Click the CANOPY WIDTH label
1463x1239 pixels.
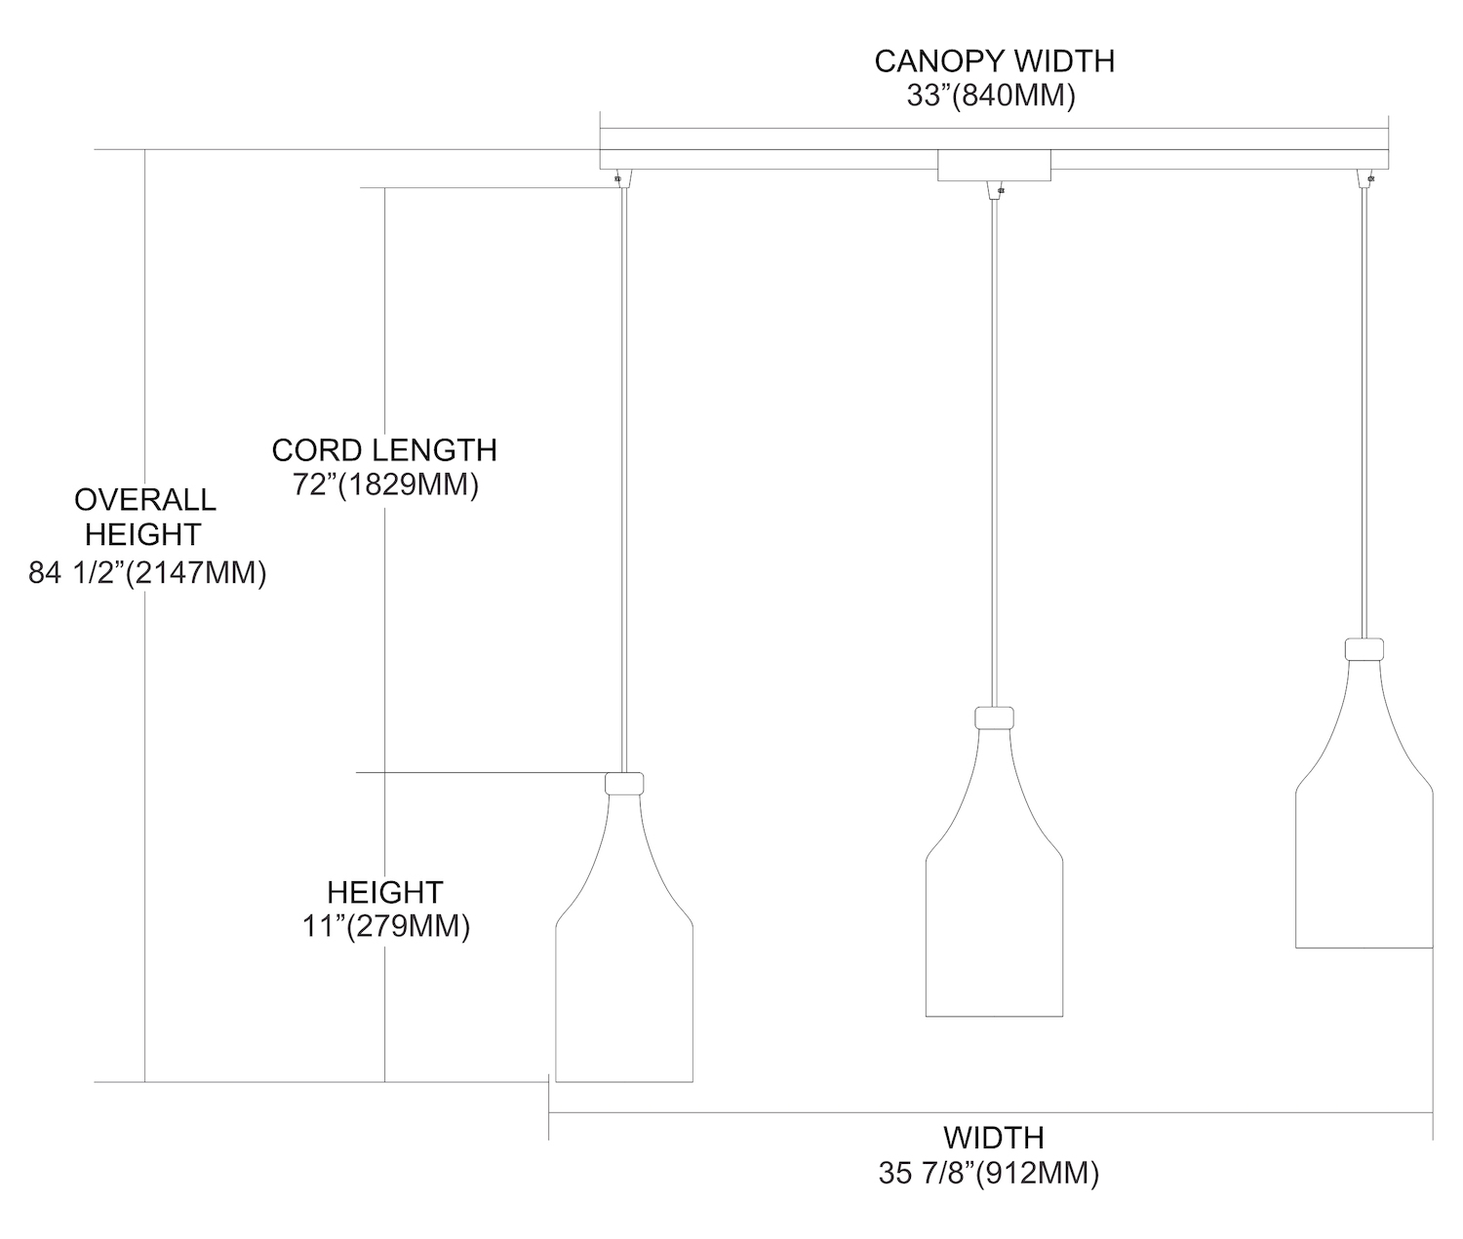point(995,61)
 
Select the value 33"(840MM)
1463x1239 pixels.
point(991,96)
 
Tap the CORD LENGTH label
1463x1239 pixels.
point(384,450)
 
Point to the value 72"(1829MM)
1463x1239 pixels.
point(386,484)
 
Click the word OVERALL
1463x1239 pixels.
point(145,500)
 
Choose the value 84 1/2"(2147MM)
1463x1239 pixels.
point(147,573)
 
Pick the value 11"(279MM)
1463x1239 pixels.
point(386,926)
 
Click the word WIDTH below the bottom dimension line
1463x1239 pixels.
point(994,1138)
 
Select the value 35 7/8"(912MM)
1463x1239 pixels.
point(989,1173)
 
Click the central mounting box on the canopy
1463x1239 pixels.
point(994,166)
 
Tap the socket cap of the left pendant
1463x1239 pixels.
point(624,784)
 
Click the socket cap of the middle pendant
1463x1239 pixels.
point(994,717)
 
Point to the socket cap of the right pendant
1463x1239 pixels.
point(1364,649)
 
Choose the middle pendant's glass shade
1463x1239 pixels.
point(995,872)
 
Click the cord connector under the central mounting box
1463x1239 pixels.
point(995,190)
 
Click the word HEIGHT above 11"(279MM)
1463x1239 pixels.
point(385,892)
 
